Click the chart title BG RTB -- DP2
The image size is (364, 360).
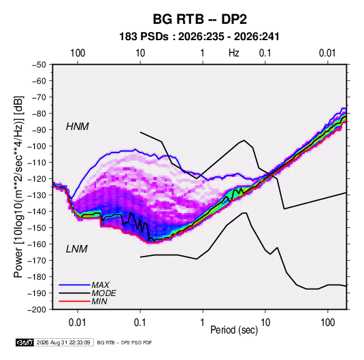(x=199, y=19)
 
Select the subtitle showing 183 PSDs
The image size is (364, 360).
(x=199, y=37)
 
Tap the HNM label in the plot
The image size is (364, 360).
(x=78, y=127)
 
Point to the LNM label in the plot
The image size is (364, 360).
(x=77, y=249)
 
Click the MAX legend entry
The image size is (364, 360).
(x=101, y=285)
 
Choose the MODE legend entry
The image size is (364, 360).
(x=104, y=293)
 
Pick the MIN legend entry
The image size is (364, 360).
(x=99, y=301)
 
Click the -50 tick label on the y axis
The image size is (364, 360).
(x=39, y=65)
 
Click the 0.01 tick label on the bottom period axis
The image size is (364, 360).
(x=78, y=323)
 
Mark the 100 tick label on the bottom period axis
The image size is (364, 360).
(x=327, y=323)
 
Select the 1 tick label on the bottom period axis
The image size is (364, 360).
(x=203, y=323)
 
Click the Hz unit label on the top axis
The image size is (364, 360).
(x=234, y=53)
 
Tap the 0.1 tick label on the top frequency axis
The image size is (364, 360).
(x=265, y=53)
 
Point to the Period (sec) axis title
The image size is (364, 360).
(x=234, y=330)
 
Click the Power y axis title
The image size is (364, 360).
(x=18, y=187)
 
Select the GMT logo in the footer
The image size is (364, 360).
(x=25, y=342)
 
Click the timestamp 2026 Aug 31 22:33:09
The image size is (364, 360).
(x=63, y=342)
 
